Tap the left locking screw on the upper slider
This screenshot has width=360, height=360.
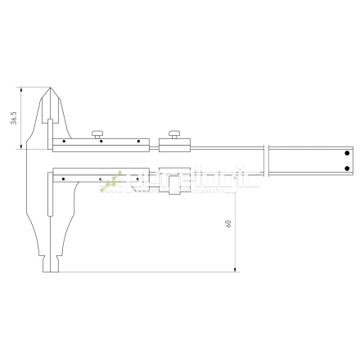coord(98,133)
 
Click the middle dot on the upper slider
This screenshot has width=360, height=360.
coord(100,142)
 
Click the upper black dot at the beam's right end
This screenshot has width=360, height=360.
coord(347,153)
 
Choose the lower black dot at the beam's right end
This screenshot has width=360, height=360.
coord(347,169)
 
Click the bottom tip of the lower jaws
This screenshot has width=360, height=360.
coord(51,271)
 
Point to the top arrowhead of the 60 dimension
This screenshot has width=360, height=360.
coord(235,176)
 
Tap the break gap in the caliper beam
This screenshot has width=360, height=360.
coord(265,160)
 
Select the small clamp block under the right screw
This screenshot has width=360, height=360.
coord(174,145)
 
